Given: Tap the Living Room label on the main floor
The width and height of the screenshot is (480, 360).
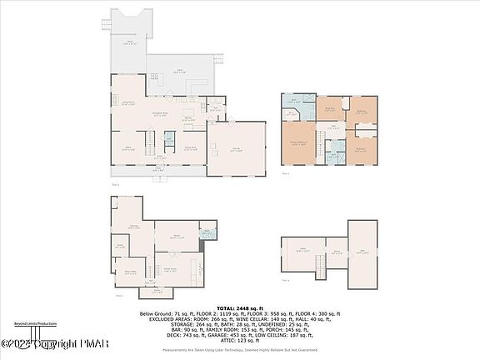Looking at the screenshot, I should (x=129, y=102).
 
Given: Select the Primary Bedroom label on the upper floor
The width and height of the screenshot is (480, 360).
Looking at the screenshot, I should (x=297, y=143).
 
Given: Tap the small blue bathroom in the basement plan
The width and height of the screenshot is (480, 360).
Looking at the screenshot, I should (x=204, y=234).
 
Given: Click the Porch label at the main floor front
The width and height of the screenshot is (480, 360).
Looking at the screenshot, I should (x=158, y=169).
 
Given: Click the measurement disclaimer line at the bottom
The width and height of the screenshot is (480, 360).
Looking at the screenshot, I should (x=239, y=351).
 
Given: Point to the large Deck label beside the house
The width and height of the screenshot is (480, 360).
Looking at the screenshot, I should (x=178, y=71).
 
